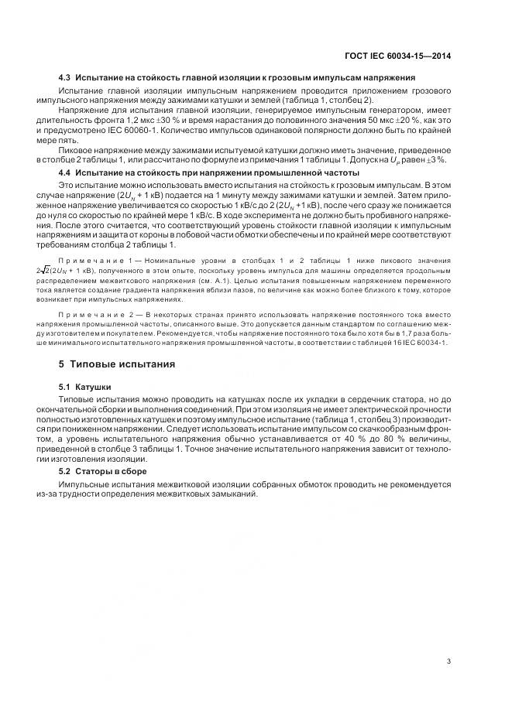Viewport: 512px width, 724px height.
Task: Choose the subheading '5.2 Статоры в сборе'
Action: (x=102, y=471)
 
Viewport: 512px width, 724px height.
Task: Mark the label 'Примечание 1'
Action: (x=97, y=262)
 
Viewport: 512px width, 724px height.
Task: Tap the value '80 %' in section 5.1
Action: (x=374, y=439)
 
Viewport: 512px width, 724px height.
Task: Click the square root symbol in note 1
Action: (x=64, y=272)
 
